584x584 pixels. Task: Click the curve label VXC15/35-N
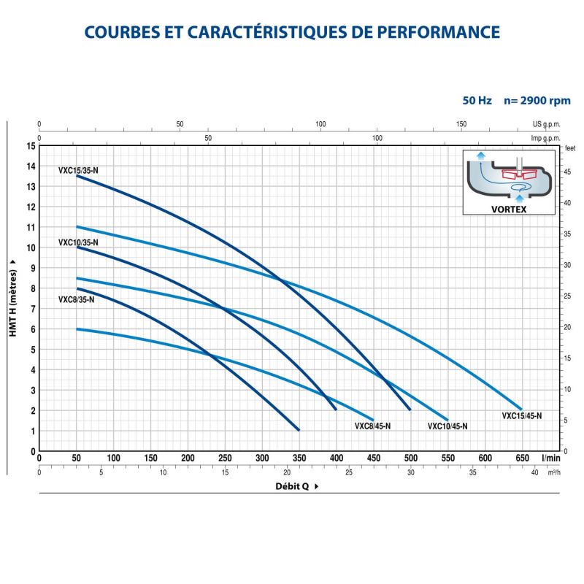tap(78, 169)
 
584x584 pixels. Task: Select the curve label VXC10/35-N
tap(78, 241)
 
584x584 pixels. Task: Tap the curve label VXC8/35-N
tap(76, 299)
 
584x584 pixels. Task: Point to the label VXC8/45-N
tap(372, 426)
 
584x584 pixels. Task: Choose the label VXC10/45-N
tap(447, 426)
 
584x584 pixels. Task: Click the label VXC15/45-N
tap(522, 415)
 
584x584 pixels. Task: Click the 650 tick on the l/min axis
tap(522, 458)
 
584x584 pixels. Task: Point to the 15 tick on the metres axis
tap(31, 146)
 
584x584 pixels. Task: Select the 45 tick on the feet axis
tap(567, 172)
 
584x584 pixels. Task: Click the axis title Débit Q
tap(294, 486)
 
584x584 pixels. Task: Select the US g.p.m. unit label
tap(546, 124)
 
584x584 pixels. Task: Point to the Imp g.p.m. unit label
tap(545, 137)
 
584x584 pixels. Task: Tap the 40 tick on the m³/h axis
tap(534, 472)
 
